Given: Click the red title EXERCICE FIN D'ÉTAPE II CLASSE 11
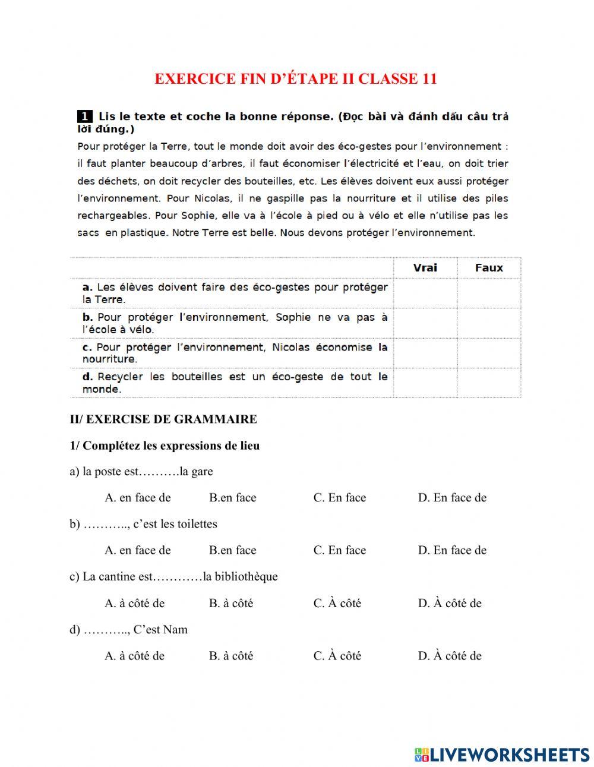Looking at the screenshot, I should click(x=296, y=79).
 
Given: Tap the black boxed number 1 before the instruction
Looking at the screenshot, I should click(x=84, y=116).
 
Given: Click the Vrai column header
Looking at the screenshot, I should click(x=425, y=268).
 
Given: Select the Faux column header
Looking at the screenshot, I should click(x=489, y=268).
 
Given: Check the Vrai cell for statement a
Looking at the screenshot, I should click(x=425, y=293).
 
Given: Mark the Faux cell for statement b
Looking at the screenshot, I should click(x=489, y=323).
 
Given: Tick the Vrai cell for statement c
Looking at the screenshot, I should click(x=425, y=353).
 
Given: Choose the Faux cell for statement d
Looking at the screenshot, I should click(x=489, y=383).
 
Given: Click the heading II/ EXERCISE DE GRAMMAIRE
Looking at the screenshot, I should click(x=163, y=419).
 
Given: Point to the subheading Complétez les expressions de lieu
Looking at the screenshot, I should click(x=170, y=446).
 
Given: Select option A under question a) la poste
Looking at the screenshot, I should click(x=138, y=498).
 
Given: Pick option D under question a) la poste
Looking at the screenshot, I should click(x=452, y=498).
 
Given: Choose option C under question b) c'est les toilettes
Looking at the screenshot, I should click(x=340, y=551).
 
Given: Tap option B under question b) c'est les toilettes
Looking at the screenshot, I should click(x=232, y=551).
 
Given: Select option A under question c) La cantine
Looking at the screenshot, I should click(x=135, y=604).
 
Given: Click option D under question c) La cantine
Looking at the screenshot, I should click(x=450, y=604).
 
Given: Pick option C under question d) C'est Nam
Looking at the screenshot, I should click(x=337, y=656).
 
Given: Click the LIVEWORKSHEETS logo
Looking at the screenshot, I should click(x=502, y=755).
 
